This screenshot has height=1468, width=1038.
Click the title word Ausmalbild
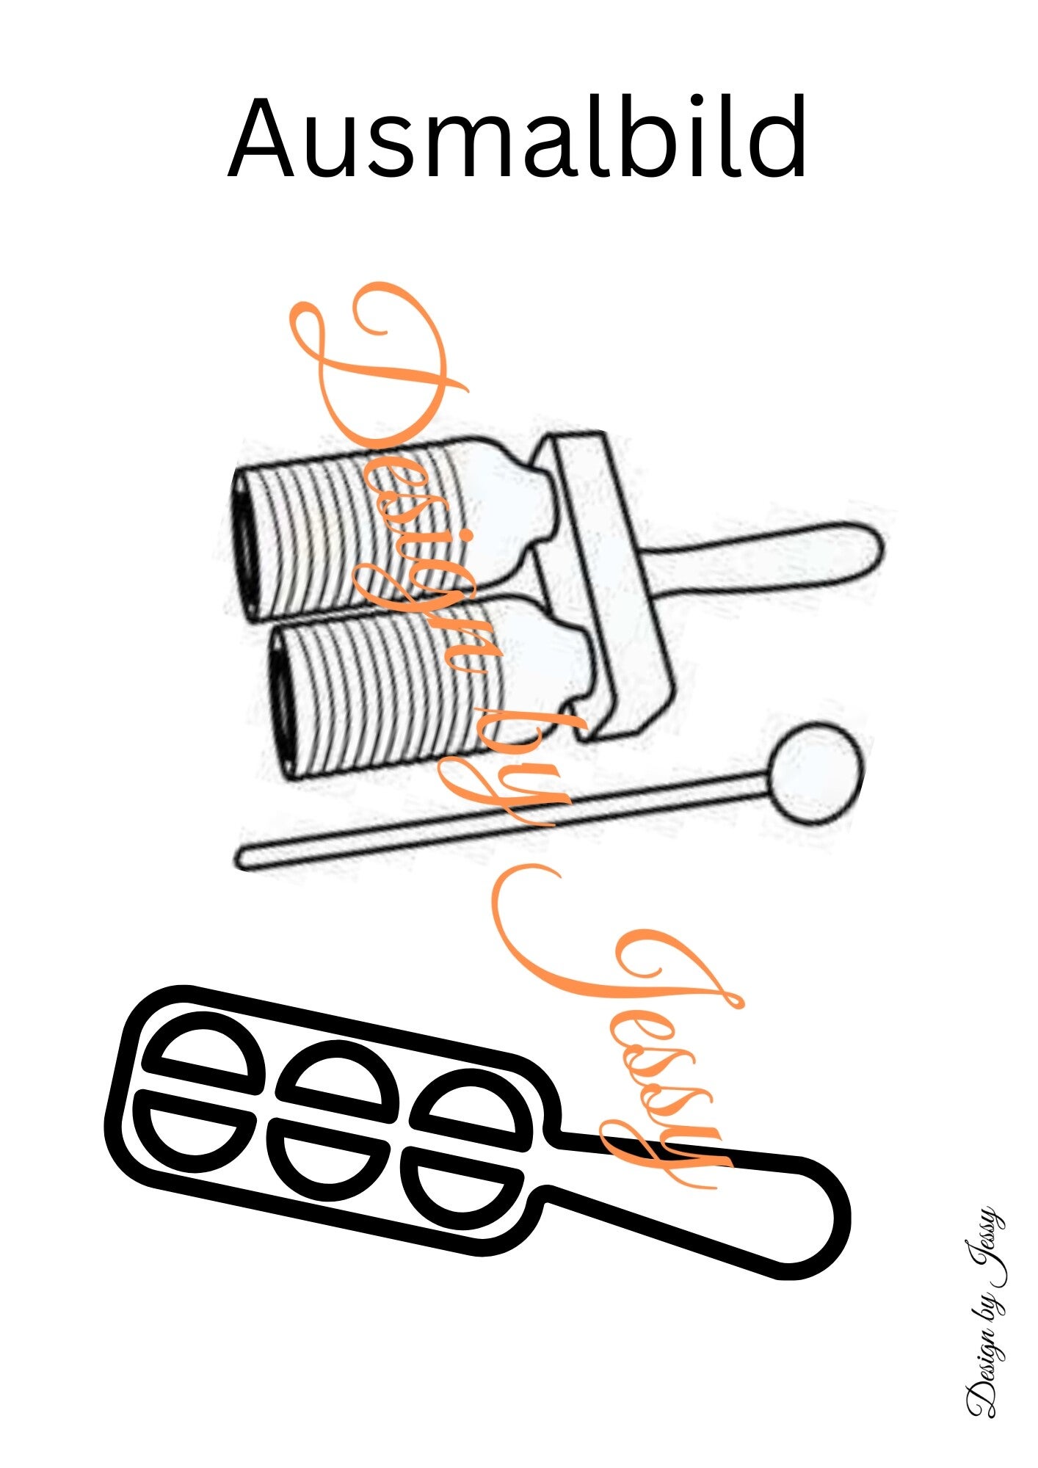[518, 137]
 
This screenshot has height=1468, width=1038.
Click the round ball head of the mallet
[816, 772]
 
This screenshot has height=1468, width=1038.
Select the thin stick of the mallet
[503, 821]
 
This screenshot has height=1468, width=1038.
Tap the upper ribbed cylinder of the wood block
[389, 527]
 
